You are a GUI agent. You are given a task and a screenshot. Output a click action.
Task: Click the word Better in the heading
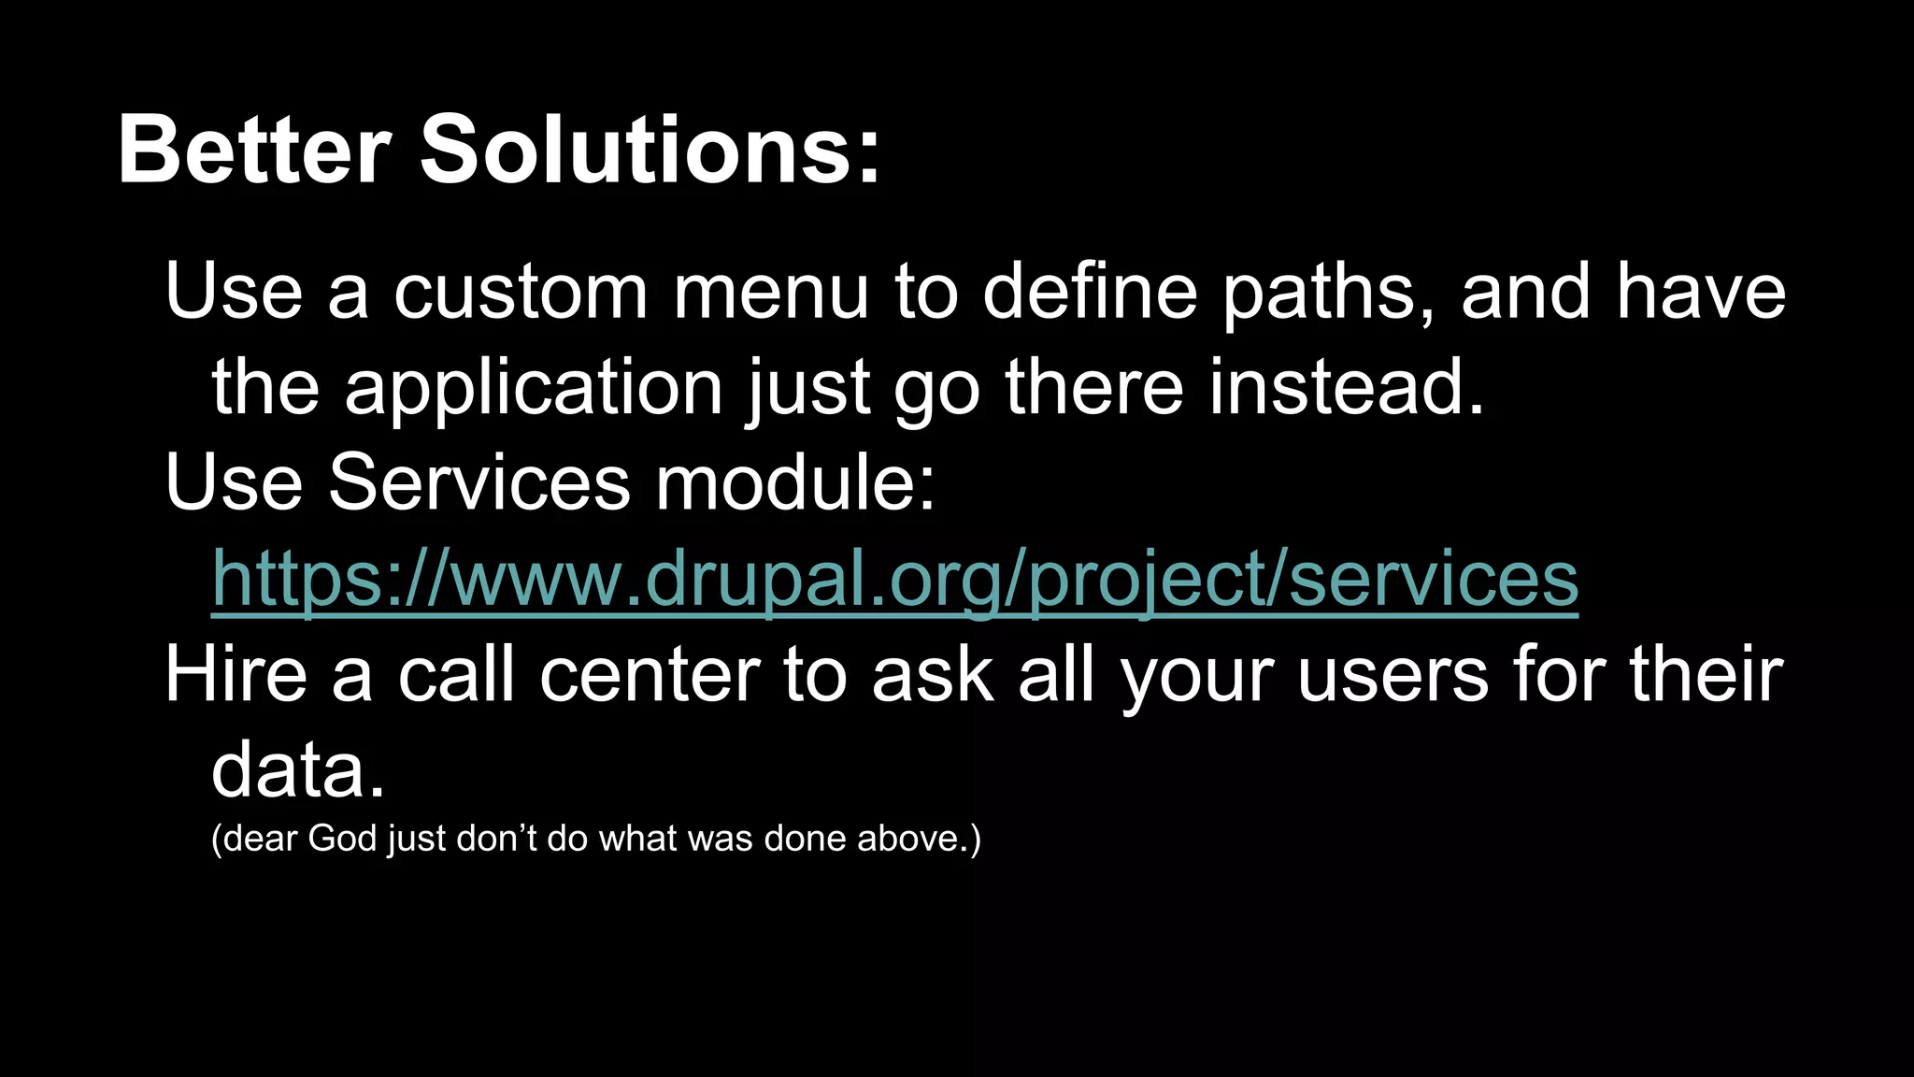click(x=253, y=150)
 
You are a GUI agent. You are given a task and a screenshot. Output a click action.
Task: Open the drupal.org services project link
click(x=894, y=579)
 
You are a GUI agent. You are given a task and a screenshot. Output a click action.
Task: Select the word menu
click(x=771, y=292)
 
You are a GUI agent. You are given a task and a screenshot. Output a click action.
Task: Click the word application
click(x=533, y=389)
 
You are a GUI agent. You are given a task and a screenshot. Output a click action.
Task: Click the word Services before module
click(x=478, y=483)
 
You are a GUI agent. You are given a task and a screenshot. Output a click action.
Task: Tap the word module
click(x=793, y=483)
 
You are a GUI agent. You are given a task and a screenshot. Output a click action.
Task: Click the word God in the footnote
click(x=342, y=839)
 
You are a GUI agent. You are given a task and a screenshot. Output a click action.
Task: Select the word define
click(x=1090, y=292)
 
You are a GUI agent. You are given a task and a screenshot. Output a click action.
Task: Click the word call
click(x=456, y=675)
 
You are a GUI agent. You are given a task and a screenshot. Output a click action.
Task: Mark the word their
click(x=1707, y=675)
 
